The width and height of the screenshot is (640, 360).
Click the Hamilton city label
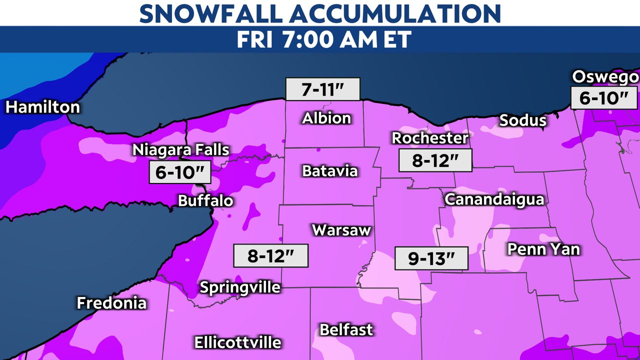[x=43, y=107]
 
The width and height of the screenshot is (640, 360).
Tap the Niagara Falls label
[x=180, y=149]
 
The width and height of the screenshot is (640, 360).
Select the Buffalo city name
[x=206, y=201]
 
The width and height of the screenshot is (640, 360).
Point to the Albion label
[x=326, y=118]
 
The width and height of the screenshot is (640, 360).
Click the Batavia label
[x=330, y=171]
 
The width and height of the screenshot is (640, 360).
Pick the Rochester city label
[x=429, y=137]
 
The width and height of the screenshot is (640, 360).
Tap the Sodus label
[x=523, y=120]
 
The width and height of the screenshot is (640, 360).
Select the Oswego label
[x=605, y=77]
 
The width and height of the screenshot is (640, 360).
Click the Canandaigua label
[x=494, y=199]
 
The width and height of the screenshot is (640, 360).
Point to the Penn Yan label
[x=543, y=248]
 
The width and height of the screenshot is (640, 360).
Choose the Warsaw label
[x=341, y=230]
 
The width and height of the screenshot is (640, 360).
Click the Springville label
[x=240, y=287]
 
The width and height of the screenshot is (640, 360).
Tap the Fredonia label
[x=111, y=303]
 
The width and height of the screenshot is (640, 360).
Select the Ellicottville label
[x=237, y=342]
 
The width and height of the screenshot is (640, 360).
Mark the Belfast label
[x=346, y=329]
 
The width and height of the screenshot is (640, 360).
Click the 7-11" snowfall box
[x=323, y=90]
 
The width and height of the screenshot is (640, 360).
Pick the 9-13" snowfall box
[x=431, y=259]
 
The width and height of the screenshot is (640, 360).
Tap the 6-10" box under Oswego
[x=603, y=98]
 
